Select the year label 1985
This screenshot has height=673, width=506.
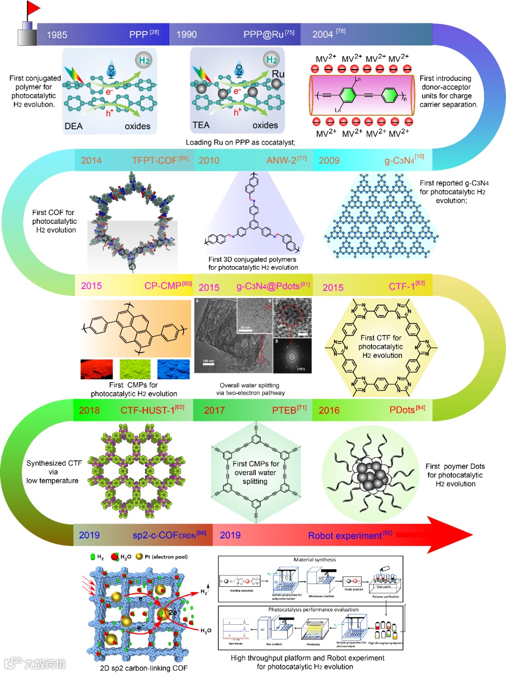coord(57,35)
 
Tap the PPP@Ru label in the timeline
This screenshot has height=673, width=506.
coord(263,35)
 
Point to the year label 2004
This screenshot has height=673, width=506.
coord(322,35)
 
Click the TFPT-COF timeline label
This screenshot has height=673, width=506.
coord(154,161)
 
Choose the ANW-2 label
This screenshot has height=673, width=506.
coord(281,161)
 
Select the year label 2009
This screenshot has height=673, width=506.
coord(329,161)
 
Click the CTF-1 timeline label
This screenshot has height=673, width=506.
coord(402,287)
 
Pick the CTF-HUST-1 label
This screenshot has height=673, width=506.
coord(147,411)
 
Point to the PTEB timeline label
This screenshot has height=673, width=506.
coord(284,411)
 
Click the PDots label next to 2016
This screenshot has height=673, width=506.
coord(402,410)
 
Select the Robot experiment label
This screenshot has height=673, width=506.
coord(345,536)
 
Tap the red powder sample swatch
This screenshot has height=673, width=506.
coord(97,369)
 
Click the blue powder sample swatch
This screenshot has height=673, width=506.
coord(173,369)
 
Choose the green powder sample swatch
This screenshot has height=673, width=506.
coord(135,369)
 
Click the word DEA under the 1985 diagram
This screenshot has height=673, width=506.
coord(74,126)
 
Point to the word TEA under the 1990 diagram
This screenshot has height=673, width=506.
coord(201,126)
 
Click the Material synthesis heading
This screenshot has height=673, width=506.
coord(314,560)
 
